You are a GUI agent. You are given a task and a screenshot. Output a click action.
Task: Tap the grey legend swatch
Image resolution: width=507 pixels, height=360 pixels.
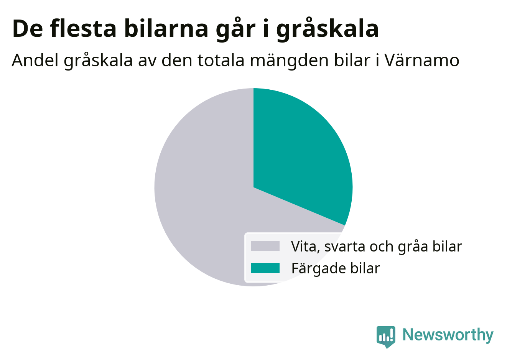pos(265,246)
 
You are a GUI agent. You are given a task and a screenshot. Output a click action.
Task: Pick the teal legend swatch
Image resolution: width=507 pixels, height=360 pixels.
pos(265,268)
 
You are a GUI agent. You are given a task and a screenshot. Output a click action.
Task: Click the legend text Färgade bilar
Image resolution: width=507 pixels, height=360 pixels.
pos(336,269)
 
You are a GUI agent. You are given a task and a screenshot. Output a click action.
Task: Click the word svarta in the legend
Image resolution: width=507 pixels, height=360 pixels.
pos(345,247)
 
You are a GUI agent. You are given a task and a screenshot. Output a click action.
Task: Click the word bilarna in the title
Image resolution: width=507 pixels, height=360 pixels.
pos(166,28)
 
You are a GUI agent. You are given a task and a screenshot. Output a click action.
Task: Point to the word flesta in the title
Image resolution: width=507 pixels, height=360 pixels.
pos(83,28)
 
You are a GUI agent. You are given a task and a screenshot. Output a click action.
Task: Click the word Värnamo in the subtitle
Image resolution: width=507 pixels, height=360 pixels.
pos(422,61)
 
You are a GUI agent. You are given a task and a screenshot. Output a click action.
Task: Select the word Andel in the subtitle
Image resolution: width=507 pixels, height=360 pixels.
pos(35,60)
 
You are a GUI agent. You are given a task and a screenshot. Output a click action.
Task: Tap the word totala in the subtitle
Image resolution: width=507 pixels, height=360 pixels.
pos(221,61)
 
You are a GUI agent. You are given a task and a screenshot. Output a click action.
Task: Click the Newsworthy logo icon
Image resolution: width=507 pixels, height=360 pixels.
pos(386,337)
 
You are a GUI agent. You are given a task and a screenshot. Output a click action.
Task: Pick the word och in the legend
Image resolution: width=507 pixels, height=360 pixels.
pos(382,246)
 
